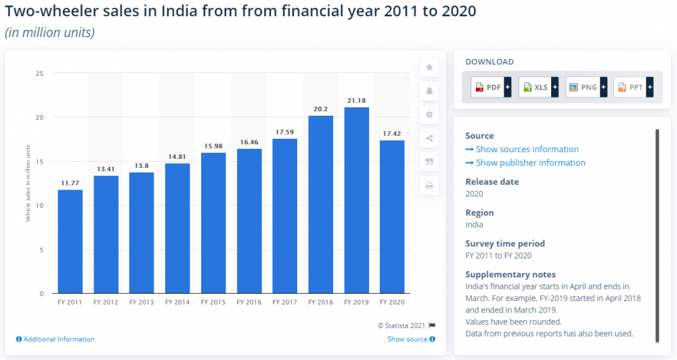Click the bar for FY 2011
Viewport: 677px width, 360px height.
pyautogui.click(x=70, y=242)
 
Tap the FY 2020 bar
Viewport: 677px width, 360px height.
pyautogui.click(x=392, y=217)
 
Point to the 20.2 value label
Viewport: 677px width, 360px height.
pyautogui.click(x=321, y=108)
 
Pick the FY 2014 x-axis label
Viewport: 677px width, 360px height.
pyautogui.click(x=177, y=302)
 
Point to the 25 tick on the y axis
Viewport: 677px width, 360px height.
pyautogui.click(x=39, y=73)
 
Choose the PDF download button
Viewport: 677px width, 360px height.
pyautogui.click(x=491, y=87)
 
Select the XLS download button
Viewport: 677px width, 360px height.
pyautogui.click(x=538, y=87)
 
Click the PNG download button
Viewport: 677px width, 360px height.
pyautogui.click(x=586, y=87)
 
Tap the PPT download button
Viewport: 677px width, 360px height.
pyautogui.click(x=633, y=87)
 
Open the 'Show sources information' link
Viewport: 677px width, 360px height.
pyautogui.click(x=527, y=150)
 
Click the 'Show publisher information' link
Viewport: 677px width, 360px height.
pyautogui.click(x=530, y=163)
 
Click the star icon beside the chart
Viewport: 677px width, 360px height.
pyautogui.click(x=429, y=67)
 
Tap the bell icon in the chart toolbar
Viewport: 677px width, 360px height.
pyautogui.click(x=429, y=91)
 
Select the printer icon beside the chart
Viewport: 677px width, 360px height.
pyautogui.click(x=429, y=185)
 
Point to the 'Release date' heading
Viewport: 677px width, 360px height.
pyautogui.click(x=492, y=181)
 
